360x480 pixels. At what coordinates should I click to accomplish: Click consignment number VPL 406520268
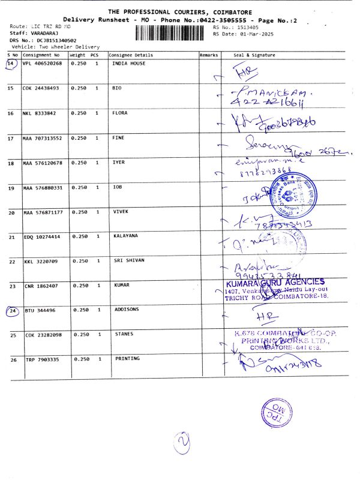tap(42, 63)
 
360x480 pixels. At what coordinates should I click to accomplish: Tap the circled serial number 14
tap(11, 63)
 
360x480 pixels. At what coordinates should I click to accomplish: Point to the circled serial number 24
tap(13, 311)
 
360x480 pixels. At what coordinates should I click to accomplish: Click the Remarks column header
tap(208, 55)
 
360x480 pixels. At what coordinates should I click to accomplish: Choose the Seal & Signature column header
tap(254, 55)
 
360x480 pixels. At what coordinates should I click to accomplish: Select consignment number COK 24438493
tap(41, 88)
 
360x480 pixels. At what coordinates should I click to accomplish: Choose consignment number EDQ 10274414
tap(41, 236)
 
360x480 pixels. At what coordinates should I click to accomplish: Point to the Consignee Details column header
tap(131, 55)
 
